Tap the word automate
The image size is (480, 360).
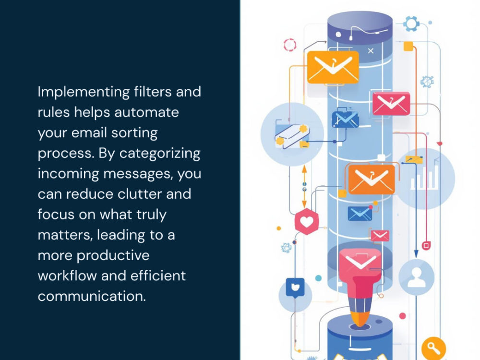(x=146, y=112)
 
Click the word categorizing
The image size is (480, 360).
(x=160, y=154)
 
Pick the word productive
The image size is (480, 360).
(x=113, y=256)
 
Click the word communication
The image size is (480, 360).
(x=92, y=296)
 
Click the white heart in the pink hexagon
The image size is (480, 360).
(x=306, y=221)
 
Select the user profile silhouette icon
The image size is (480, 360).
(x=416, y=277)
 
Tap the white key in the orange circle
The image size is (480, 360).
(x=433, y=348)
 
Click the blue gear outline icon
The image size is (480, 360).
(x=411, y=23)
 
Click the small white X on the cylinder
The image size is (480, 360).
(x=371, y=51)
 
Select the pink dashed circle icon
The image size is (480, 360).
(x=289, y=45)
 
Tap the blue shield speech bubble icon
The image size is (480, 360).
(x=295, y=288)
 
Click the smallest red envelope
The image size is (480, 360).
(x=380, y=235)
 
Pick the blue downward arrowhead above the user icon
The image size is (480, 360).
(x=416, y=253)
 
